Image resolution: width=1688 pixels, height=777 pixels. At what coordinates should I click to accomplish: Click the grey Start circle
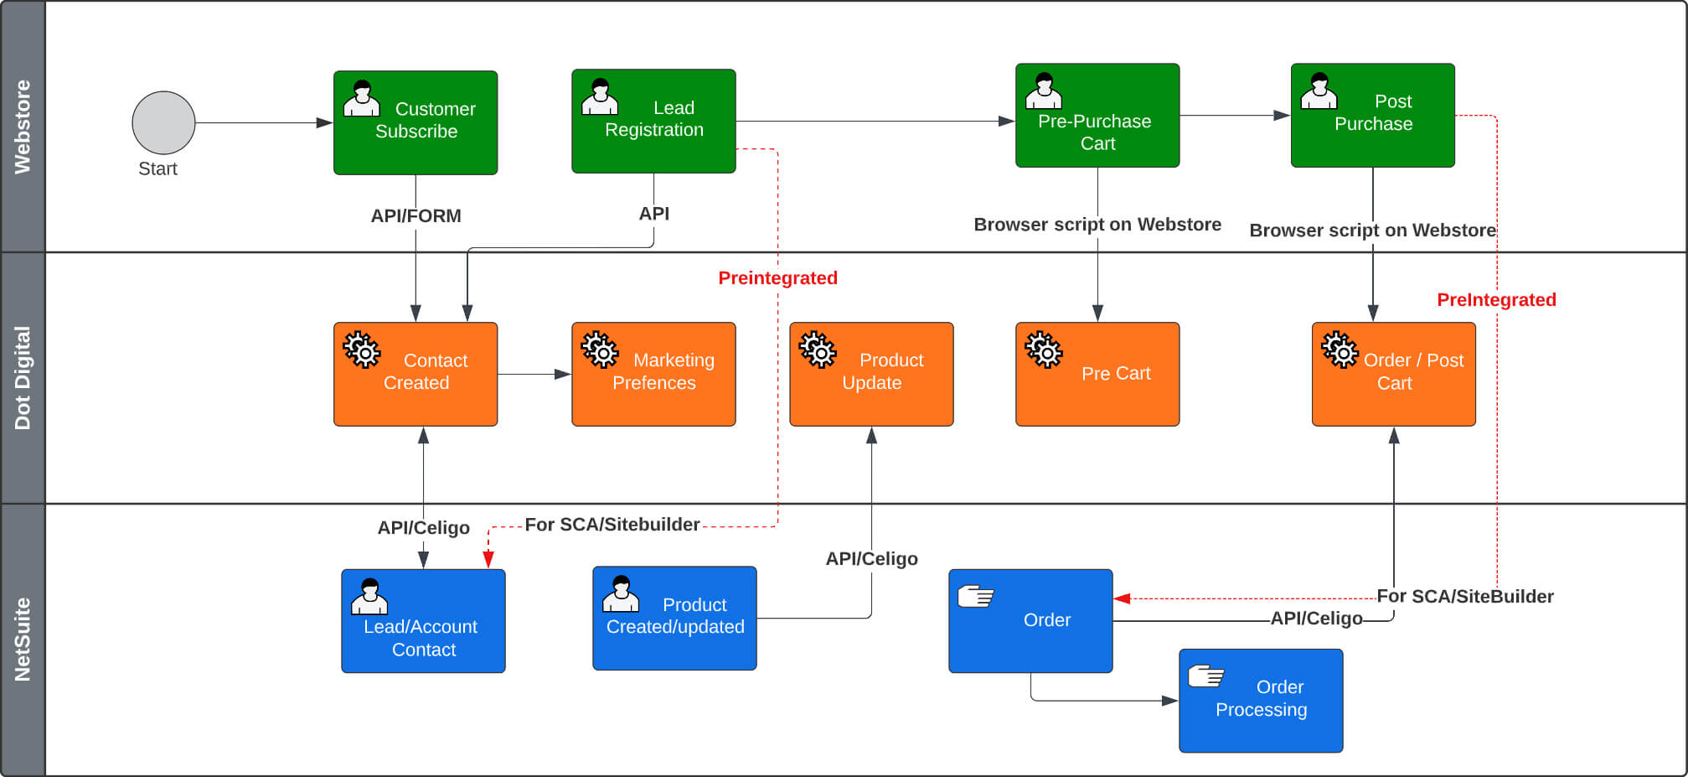coord(163,122)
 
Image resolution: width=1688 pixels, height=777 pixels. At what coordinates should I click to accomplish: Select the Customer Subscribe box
coord(416,122)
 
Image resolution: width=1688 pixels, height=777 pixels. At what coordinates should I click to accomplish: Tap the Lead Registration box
coord(653,122)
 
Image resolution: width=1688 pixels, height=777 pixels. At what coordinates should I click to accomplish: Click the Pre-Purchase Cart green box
coord(1097,116)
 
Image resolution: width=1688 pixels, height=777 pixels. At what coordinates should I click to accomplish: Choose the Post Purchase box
coord(1372,116)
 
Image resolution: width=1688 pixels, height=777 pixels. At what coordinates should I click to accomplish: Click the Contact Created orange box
coord(416,374)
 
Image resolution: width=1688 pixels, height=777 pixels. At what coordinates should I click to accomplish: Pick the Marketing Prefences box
coord(653,374)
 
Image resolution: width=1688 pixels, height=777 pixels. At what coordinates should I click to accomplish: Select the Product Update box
coord(871,374)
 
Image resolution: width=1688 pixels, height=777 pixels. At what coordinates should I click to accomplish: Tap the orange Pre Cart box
coord(1097,374)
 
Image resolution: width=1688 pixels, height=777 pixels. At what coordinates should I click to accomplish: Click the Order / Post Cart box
coord(1393,374)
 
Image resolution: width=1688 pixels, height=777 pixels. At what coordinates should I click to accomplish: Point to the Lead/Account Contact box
coord(423,621)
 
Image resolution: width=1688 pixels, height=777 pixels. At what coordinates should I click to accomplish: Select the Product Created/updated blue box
coord(674,619)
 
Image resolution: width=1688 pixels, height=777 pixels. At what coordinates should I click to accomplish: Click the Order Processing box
coord(1261,701)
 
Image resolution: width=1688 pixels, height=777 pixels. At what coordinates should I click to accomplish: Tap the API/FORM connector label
coord(416,216)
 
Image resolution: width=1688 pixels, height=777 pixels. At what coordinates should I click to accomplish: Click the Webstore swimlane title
coord(23,127)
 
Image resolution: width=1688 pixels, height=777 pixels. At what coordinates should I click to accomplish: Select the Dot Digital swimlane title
coord(23,377)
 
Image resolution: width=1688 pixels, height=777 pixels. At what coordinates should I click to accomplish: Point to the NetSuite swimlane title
coord(23,639)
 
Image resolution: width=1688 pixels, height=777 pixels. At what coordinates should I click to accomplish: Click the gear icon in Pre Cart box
coord(1044,350)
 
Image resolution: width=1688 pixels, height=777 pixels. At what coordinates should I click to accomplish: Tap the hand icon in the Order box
coord(975,596)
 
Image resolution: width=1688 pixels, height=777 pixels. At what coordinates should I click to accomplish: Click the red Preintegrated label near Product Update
coord(777,278)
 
